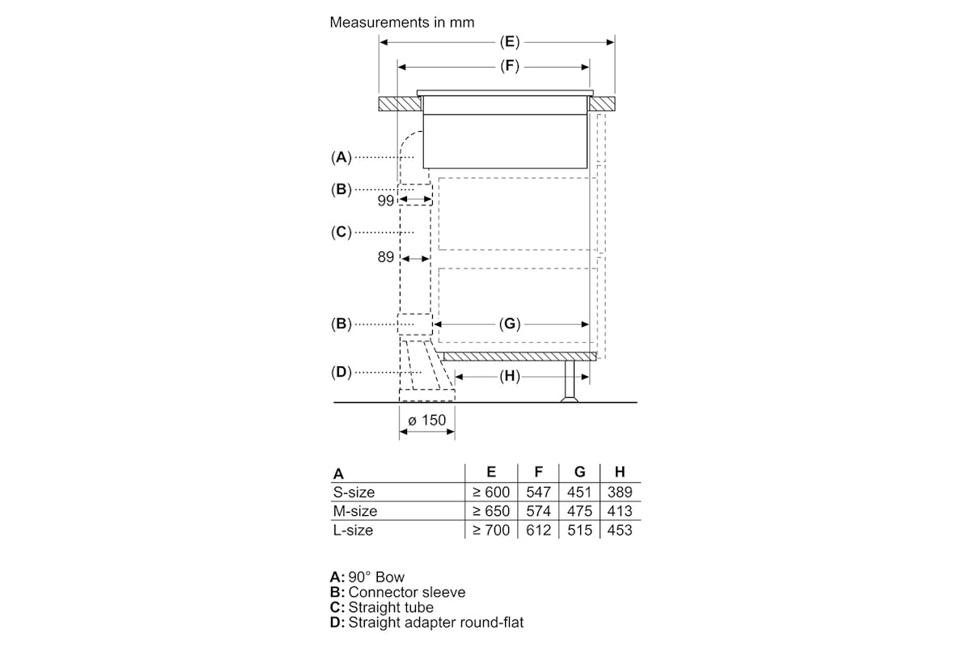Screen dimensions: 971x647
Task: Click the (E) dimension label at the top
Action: click(x=509, y=42)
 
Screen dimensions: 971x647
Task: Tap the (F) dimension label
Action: click(x=509, y=66)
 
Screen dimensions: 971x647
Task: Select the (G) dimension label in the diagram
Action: click(x=509, y=323)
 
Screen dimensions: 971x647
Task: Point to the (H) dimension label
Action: click(x=509, y=376)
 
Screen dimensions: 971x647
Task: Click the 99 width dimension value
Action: click(x=386, y=201)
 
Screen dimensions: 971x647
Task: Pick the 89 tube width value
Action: click(x=386, y=257)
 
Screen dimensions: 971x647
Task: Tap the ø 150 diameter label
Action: click(x=427, y=420)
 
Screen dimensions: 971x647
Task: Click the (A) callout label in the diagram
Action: click(x=341, y=157)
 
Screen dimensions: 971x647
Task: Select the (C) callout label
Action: click(x=341, y=232)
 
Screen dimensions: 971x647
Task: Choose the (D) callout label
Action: click(x=341, y=372)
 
